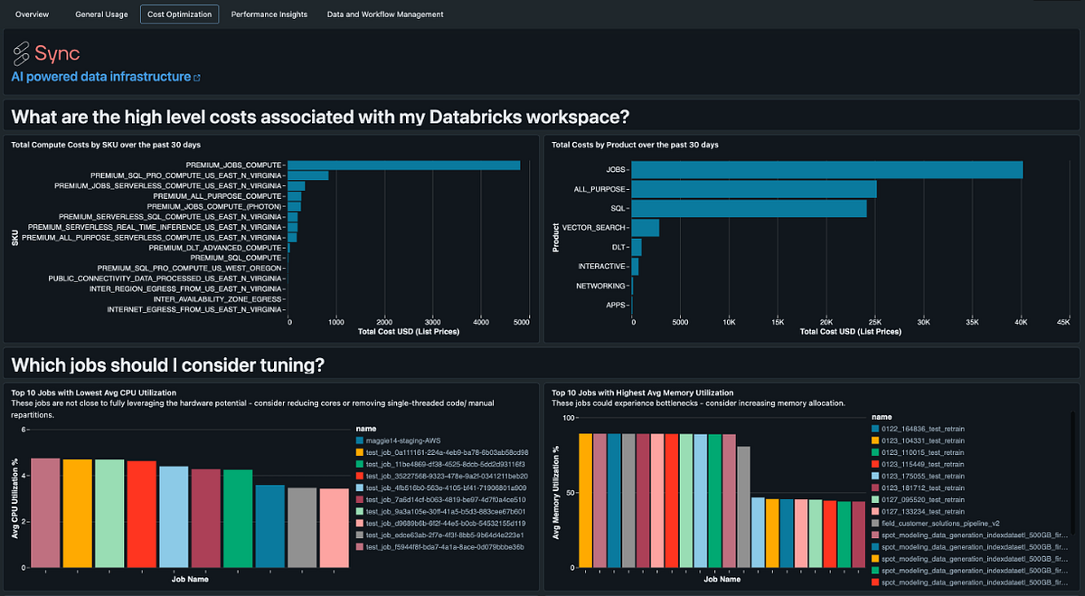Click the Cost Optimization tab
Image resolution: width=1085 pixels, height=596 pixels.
tap(179, 14)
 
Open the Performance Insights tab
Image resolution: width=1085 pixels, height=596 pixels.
tap(269, 14)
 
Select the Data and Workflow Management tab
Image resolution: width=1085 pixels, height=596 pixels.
tap(385, 14)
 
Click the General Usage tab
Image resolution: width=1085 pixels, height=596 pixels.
tap(101, 14)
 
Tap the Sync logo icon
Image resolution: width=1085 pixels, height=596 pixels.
tap(21, 53)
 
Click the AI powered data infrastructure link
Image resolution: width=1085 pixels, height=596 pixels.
tap(101, 77)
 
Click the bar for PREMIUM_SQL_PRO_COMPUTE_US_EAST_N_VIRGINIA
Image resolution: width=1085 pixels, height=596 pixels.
tap(308, 175)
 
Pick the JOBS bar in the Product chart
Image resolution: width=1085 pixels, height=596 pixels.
tap(826, 170)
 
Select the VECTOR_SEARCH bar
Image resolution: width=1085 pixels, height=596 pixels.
tap(646, 227)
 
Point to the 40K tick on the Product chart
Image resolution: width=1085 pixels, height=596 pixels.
tap(1020, 322)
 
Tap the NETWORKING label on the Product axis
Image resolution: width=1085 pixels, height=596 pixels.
tap(601, 286)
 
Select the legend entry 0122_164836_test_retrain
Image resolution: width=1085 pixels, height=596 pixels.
tap(928, 429)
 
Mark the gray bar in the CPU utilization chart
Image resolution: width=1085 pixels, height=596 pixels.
tap(302, 527)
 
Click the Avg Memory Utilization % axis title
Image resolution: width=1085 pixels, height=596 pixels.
tap(558, 493)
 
